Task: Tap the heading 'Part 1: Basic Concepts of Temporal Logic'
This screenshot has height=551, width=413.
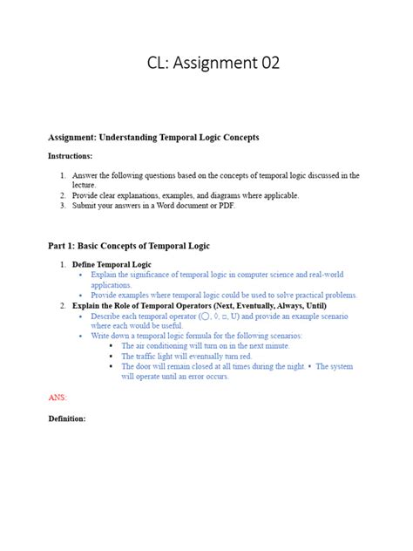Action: click(x=128, y=246)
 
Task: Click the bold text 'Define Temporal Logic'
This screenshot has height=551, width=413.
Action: click(x=112, y=264)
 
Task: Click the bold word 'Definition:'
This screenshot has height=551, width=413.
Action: click(x=66, y=418)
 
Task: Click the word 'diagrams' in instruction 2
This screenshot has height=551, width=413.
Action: click(x=218, y=195)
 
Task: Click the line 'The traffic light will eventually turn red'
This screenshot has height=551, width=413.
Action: click(x=186, y=357)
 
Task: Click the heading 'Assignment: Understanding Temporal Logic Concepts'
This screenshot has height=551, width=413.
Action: click(x=153, y=138)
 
